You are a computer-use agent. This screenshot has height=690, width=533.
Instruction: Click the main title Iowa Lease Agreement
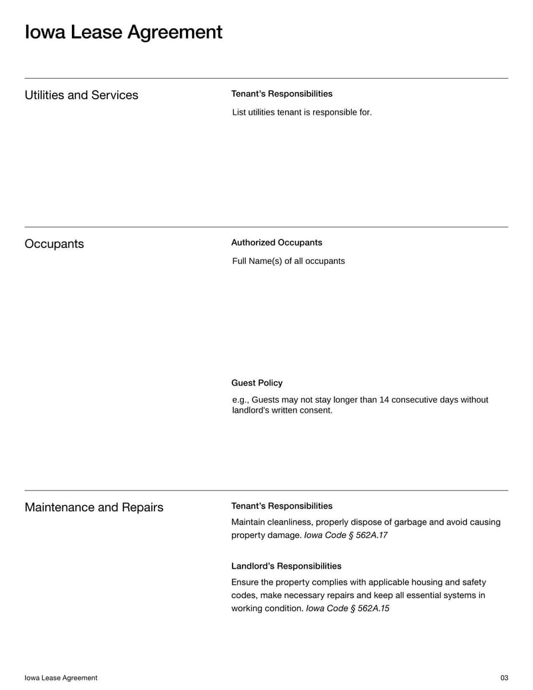[123, 32]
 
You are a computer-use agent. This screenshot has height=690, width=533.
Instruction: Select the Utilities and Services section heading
[81, 95]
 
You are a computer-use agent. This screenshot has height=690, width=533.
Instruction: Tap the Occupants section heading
[54, 244]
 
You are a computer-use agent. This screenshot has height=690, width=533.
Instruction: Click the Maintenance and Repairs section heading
[94, 507]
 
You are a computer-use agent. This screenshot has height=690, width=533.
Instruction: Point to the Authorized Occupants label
[276, 243]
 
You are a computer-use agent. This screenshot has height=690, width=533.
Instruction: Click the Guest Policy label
[257, 383]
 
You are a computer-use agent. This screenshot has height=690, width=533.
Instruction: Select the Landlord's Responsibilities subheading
[286, 566]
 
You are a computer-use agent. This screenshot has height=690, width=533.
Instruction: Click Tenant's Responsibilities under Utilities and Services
[281, 94]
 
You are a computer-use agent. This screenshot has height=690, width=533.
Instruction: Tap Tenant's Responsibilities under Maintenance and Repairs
[281, 506]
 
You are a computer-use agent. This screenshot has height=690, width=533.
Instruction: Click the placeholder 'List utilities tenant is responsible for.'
[302, 113]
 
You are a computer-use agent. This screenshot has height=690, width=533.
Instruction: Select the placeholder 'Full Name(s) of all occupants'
[288, 261]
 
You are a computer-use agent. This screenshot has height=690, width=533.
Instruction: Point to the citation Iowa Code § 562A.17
[346, 535]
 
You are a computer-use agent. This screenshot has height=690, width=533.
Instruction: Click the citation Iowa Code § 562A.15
[347, 609]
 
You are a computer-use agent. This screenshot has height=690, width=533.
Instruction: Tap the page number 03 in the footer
[504, 678]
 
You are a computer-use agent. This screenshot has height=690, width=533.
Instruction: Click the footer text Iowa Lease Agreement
[61, 678]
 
